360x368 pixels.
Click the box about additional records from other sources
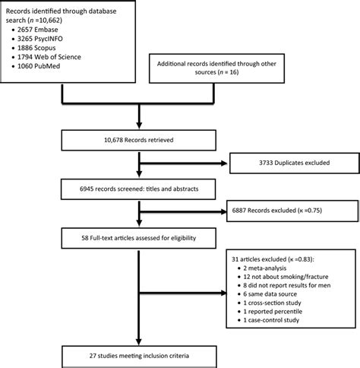(x=251, y=71)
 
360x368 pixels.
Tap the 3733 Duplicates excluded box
(x=292, y=161)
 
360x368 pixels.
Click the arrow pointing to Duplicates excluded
(x=186, y=161)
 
